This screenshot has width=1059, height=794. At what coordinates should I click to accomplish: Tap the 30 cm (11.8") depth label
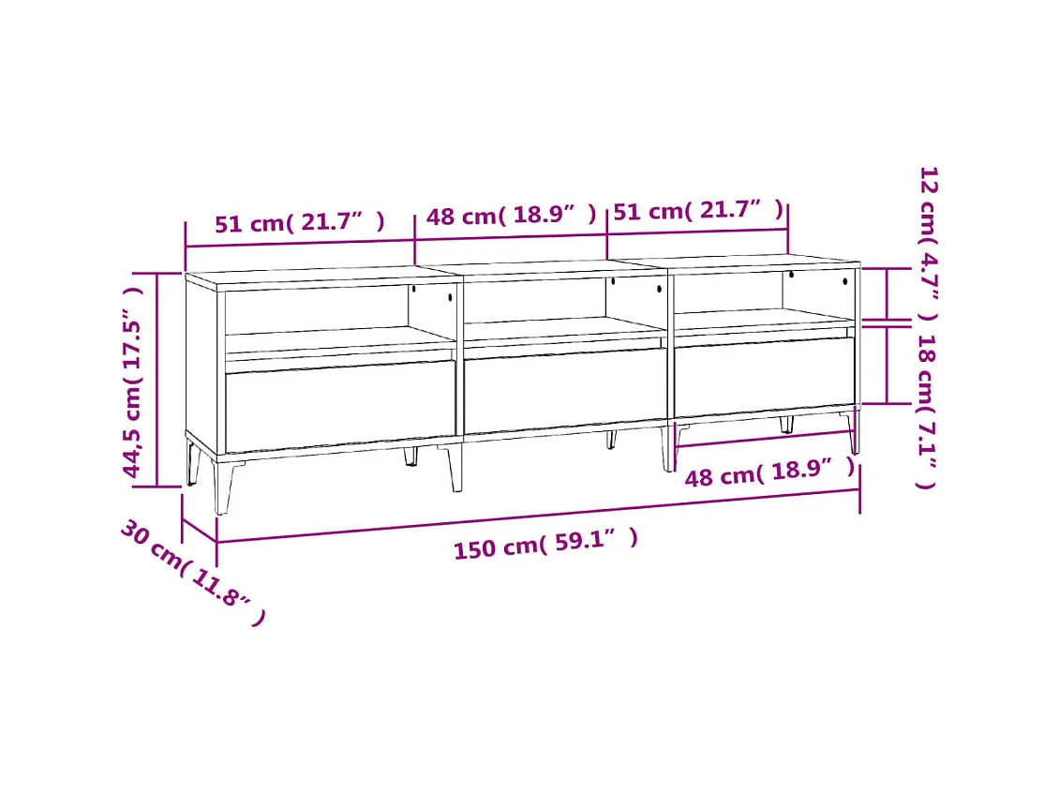point(192,573)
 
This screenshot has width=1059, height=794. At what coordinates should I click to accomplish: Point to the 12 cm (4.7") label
point(928,244)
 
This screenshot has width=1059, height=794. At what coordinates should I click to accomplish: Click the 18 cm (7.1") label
point(926,412)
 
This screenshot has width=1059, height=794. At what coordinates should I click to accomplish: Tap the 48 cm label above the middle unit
point(511,217)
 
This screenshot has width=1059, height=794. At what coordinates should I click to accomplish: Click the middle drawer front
point(564,390)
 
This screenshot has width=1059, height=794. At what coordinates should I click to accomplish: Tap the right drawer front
point(764,375)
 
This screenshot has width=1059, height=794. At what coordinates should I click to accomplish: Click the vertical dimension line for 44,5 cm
point(158,380)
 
